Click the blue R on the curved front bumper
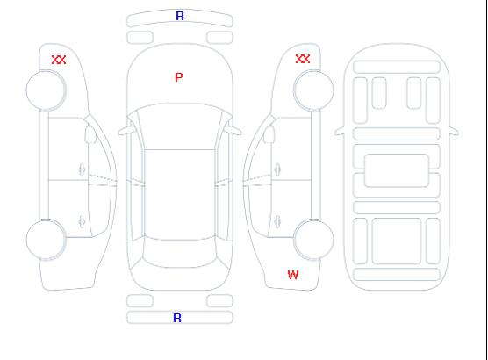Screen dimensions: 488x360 [180, 16]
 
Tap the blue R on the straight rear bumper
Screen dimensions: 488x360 [177, 318]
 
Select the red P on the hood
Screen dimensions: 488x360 [179, 77]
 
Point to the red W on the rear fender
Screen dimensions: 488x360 [293, 275]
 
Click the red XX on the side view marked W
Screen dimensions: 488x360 [303, 59]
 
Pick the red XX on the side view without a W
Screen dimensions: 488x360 [59, 60]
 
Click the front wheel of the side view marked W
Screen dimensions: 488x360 [313, 90]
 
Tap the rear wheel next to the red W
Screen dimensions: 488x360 [313, 239]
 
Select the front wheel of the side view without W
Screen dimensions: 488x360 [46, 90]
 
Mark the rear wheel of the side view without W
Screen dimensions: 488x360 [46, 239]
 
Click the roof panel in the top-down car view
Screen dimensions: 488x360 [180, 195]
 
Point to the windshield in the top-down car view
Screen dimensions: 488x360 [180, 126]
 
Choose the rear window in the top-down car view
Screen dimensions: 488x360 [180, 253]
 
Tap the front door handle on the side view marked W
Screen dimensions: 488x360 [277, 169]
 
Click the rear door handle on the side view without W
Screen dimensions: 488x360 [82, 222]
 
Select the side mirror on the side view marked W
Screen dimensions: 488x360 [269, 134]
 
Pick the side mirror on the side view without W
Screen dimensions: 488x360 [90, 134]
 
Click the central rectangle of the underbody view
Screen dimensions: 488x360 [396, 170]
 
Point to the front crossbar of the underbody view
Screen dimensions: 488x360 [397, 68]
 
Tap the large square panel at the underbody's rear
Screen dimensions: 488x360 [397, 241]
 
